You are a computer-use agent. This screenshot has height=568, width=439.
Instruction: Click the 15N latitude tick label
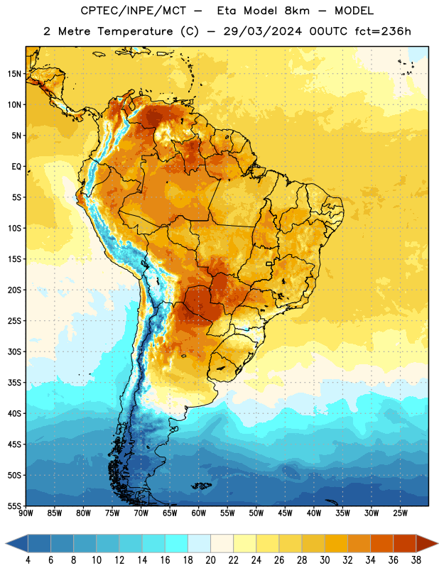coord(14,74)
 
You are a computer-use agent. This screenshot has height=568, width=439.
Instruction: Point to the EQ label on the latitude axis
coord(16,167)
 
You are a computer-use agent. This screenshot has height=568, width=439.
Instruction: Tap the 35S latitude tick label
coord(14,383)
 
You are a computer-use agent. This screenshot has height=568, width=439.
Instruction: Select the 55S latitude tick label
coord(14,506)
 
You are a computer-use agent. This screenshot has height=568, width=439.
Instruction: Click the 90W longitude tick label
coord(26,513)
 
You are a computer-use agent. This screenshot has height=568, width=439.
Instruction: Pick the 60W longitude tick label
coord(199,513)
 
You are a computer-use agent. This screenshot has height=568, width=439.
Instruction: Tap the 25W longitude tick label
coord(400,513)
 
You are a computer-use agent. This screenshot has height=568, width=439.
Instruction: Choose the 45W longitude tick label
coord(285,513)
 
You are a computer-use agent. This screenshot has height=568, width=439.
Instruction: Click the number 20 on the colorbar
coord(210,560)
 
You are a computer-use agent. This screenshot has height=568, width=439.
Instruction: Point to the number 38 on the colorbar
coord(416,560)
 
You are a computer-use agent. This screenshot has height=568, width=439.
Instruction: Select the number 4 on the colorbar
coord(28,560)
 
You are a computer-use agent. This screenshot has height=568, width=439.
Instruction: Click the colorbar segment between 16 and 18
coord(177,544)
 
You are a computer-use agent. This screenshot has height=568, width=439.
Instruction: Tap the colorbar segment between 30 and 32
coord(337,544)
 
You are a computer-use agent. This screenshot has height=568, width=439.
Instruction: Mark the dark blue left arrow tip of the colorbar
coord(6,544)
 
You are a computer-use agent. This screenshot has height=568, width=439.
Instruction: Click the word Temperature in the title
coord(135,31)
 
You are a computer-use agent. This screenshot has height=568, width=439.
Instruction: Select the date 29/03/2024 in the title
coord(262,31)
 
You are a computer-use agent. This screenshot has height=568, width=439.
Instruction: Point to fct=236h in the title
coord(383,31)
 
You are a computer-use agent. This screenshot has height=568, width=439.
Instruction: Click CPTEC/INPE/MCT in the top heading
coord(133,11)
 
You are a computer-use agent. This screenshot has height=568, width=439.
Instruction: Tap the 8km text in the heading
coord(297,11)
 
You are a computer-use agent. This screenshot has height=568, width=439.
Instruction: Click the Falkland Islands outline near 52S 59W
coord(201,486)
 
